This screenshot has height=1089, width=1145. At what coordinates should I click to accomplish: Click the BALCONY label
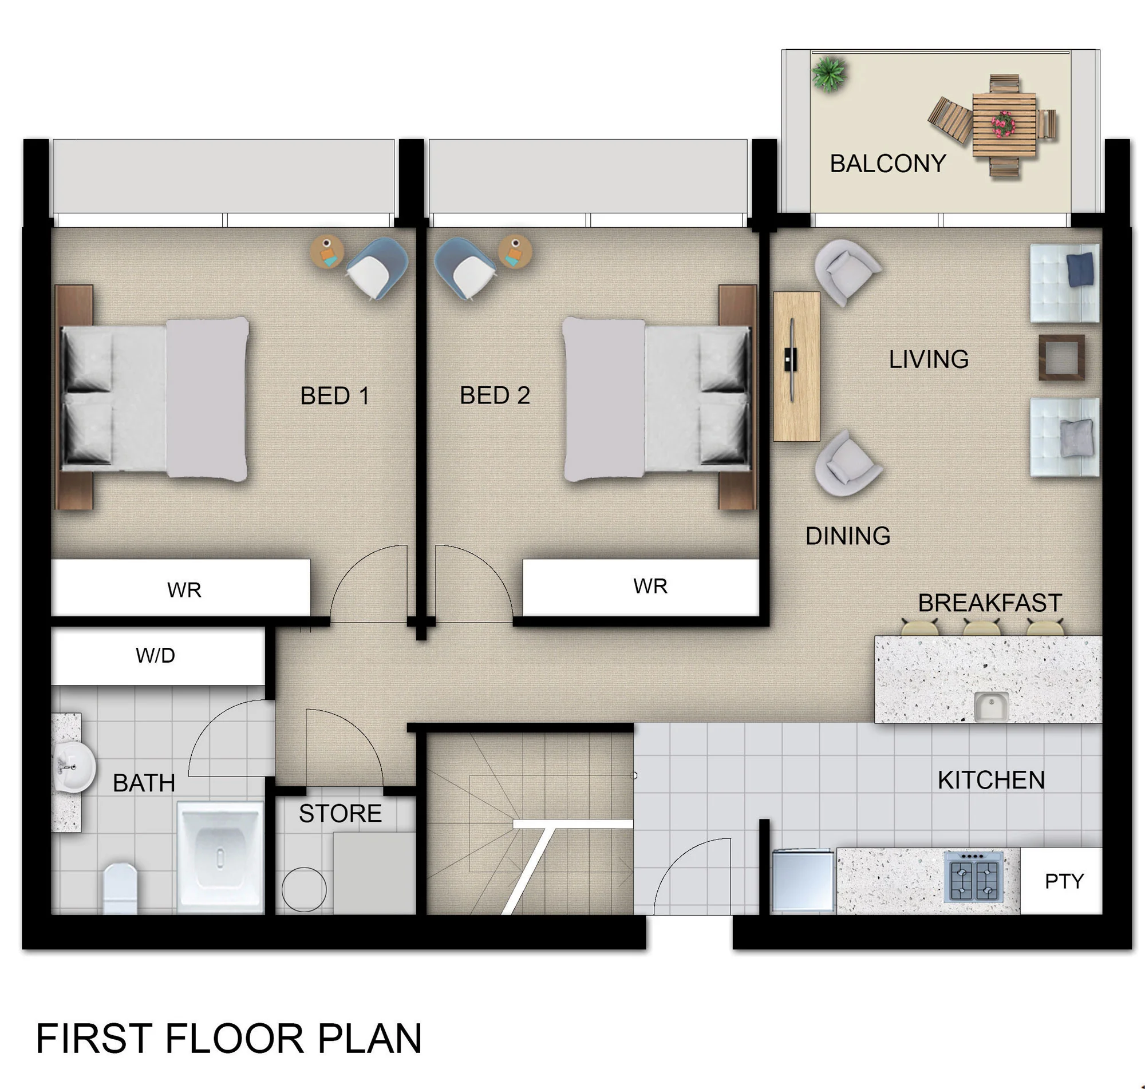coord(887,163)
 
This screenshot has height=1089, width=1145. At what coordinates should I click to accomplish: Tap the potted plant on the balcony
coord(829,74)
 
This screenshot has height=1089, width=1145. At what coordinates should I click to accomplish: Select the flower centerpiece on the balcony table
coord(1003,124)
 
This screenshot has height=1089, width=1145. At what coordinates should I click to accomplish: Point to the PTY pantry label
coord(1064,881)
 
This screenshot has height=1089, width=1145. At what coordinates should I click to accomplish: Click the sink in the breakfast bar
coord(990,706)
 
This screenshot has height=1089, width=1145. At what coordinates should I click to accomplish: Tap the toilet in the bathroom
coord(120,888)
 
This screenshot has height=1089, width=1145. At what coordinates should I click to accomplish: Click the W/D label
coord(155,655)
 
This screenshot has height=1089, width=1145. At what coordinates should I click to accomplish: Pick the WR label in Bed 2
coord(650,587)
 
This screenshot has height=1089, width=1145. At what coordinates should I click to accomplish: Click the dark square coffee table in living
coord(1061,357)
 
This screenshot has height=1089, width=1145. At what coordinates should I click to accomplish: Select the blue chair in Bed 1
coord(377,268)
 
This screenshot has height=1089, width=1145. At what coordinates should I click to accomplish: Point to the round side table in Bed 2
coord(515,251)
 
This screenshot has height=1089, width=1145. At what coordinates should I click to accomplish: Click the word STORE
coord(340,813)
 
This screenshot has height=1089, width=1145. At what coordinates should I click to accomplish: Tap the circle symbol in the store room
coord(303,889)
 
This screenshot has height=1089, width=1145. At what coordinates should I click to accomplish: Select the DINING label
coord(847,536)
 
